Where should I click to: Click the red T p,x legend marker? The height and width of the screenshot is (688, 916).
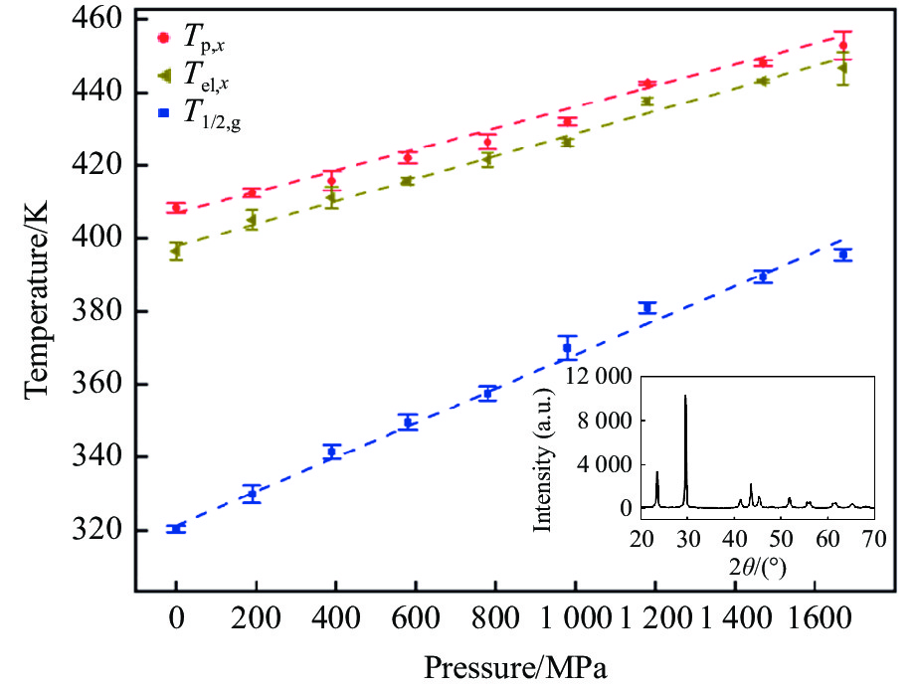click(x=166, y=40)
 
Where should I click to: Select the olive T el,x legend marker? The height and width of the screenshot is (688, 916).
click(x=166, y=76)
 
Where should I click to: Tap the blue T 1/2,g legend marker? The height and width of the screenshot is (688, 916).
click(x=166, y=109)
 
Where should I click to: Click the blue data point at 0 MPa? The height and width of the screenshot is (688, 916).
click(x=176, y=529)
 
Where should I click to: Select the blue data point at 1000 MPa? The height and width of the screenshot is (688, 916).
click(x=567, y=348)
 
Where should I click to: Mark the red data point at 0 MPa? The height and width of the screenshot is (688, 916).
click(x=176, y=208)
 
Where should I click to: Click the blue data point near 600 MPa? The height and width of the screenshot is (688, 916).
click(x=408, y=423)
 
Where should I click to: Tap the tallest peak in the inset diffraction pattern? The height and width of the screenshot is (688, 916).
click(x=685, y=397)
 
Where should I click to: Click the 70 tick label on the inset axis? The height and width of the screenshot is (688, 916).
click(x=873, y=540)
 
